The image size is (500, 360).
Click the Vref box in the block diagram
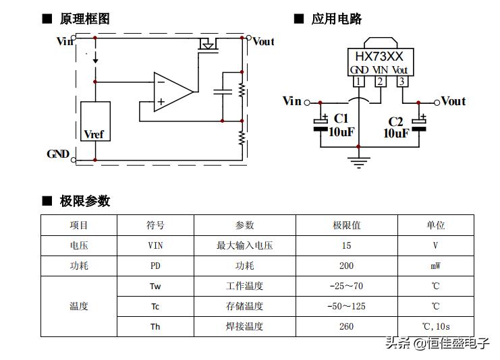click(x=95, y=121)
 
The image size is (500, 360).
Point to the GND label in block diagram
click(x=58, y=154)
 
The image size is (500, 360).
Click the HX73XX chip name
click(x=379, y=57)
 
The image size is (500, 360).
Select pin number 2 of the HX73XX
click(x=381, y=82)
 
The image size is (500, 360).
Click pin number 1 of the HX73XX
click(x=358, y=82)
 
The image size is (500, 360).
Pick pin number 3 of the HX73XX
click(x=402, y=82)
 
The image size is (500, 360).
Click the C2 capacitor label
click(x=395, y=121)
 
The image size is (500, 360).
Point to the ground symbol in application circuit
click(x=358, y=161)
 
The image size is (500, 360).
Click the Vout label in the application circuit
click(x=453, y=101)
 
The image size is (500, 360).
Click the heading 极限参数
click(x=85, y=201)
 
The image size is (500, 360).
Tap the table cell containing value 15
click(x=346, y=245)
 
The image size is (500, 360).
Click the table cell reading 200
click(x=346, y=266)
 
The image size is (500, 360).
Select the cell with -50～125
click(x=346, y=306)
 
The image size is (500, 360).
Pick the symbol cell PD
click(x=155, y=266)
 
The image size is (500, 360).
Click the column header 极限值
click(x=346, y=225)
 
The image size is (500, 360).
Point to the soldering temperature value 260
click(x=346, y=326)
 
